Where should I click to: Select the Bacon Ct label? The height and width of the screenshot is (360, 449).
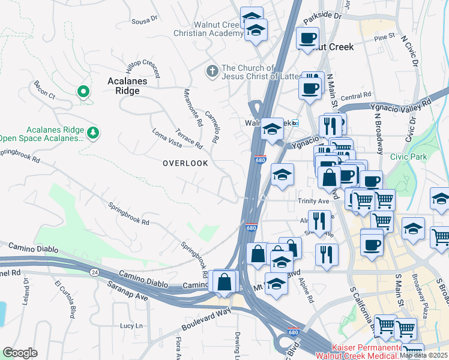[x=44, y=91]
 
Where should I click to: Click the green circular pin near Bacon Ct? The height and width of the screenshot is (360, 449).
[x=83, y=92]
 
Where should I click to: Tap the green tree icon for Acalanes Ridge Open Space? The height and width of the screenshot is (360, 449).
[x=92, y=133]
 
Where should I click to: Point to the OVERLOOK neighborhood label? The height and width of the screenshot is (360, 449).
[x=185, y=163]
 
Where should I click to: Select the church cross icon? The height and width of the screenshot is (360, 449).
[x=211, y=71]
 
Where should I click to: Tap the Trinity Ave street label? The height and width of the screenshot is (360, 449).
[x=313, y=201]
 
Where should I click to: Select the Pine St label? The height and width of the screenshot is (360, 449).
[x=384, y=37]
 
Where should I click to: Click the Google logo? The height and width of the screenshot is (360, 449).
[x=20, y=353]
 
